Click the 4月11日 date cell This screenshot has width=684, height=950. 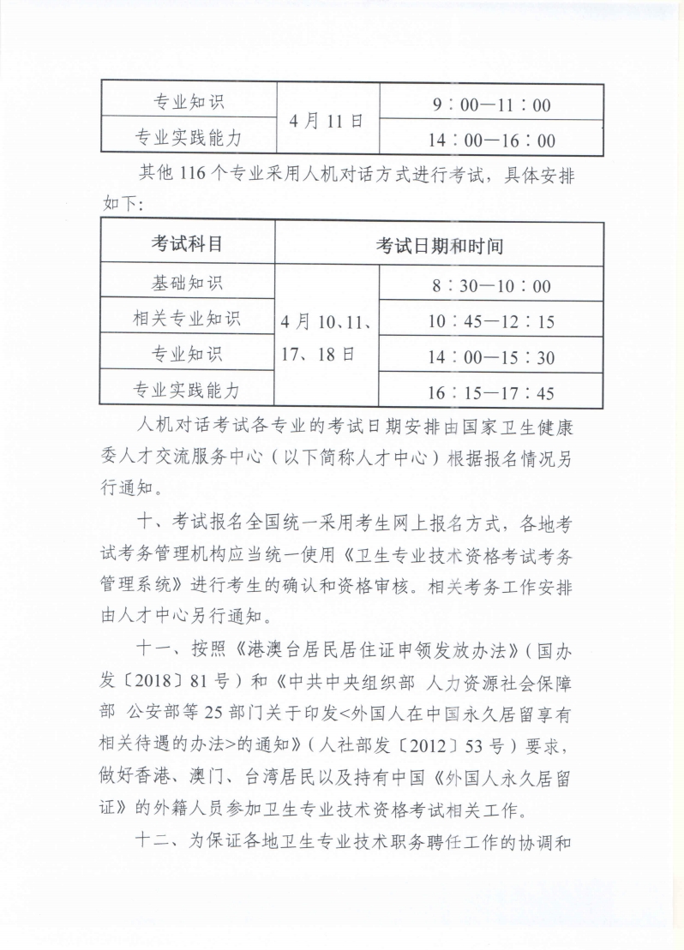(327, 121)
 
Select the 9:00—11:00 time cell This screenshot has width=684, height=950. (492, 106)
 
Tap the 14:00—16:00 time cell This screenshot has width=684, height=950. (492, 140)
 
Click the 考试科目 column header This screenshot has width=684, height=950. (187, 244)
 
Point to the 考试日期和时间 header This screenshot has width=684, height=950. (439, 246)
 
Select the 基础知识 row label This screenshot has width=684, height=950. (187, 282)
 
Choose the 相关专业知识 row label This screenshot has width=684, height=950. (187, 319)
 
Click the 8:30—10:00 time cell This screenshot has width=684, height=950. (491, 286)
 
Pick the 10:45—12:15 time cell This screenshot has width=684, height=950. (491, 321)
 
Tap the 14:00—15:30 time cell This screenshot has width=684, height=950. (491, 357)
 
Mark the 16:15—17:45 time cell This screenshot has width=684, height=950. (491, 393)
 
